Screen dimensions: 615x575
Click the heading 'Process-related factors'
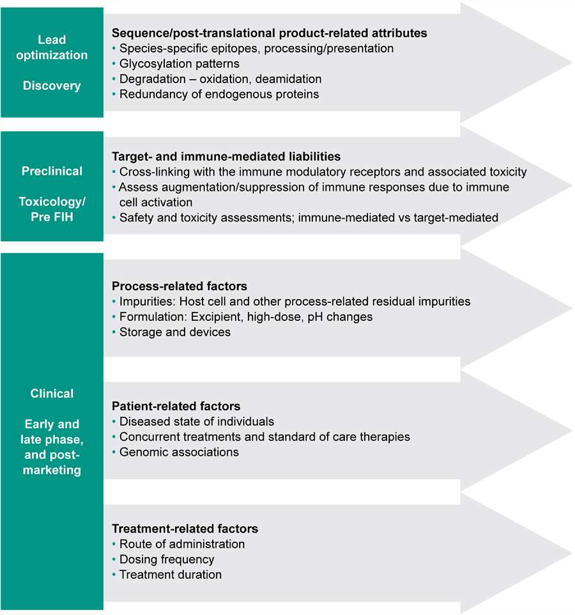[x=179, y=286]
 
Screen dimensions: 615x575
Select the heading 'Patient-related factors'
[x=176, y=406]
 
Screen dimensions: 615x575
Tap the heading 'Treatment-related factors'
[x=185, y=529]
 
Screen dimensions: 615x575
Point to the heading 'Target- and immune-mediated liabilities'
[x=226, y=156]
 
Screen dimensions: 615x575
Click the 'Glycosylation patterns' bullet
[x=179, y=64]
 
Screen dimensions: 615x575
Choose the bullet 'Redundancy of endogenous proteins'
[x=218, y=95]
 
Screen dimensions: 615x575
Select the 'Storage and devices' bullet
[x=174, y=332]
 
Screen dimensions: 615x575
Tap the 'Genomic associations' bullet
[x=179, y=452]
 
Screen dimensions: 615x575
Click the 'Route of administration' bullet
[x=181, y=544]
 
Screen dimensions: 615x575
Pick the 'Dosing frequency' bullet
[x=167, y=559]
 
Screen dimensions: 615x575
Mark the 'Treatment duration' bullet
[x=171, y=575]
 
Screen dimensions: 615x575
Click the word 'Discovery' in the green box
[x=52, y=86]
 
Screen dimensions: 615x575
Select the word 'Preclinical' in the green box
[x=52, y=171]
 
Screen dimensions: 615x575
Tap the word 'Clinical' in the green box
[x=52, y=394]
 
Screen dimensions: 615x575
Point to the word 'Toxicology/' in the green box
[x=52, y=202]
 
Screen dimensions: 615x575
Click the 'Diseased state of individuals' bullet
[x=197, y=421]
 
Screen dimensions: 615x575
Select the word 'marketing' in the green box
[x=52, y=471]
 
